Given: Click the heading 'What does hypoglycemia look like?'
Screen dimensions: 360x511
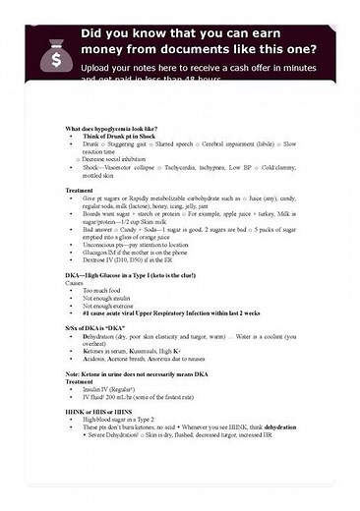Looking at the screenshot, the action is coord(114,129).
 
